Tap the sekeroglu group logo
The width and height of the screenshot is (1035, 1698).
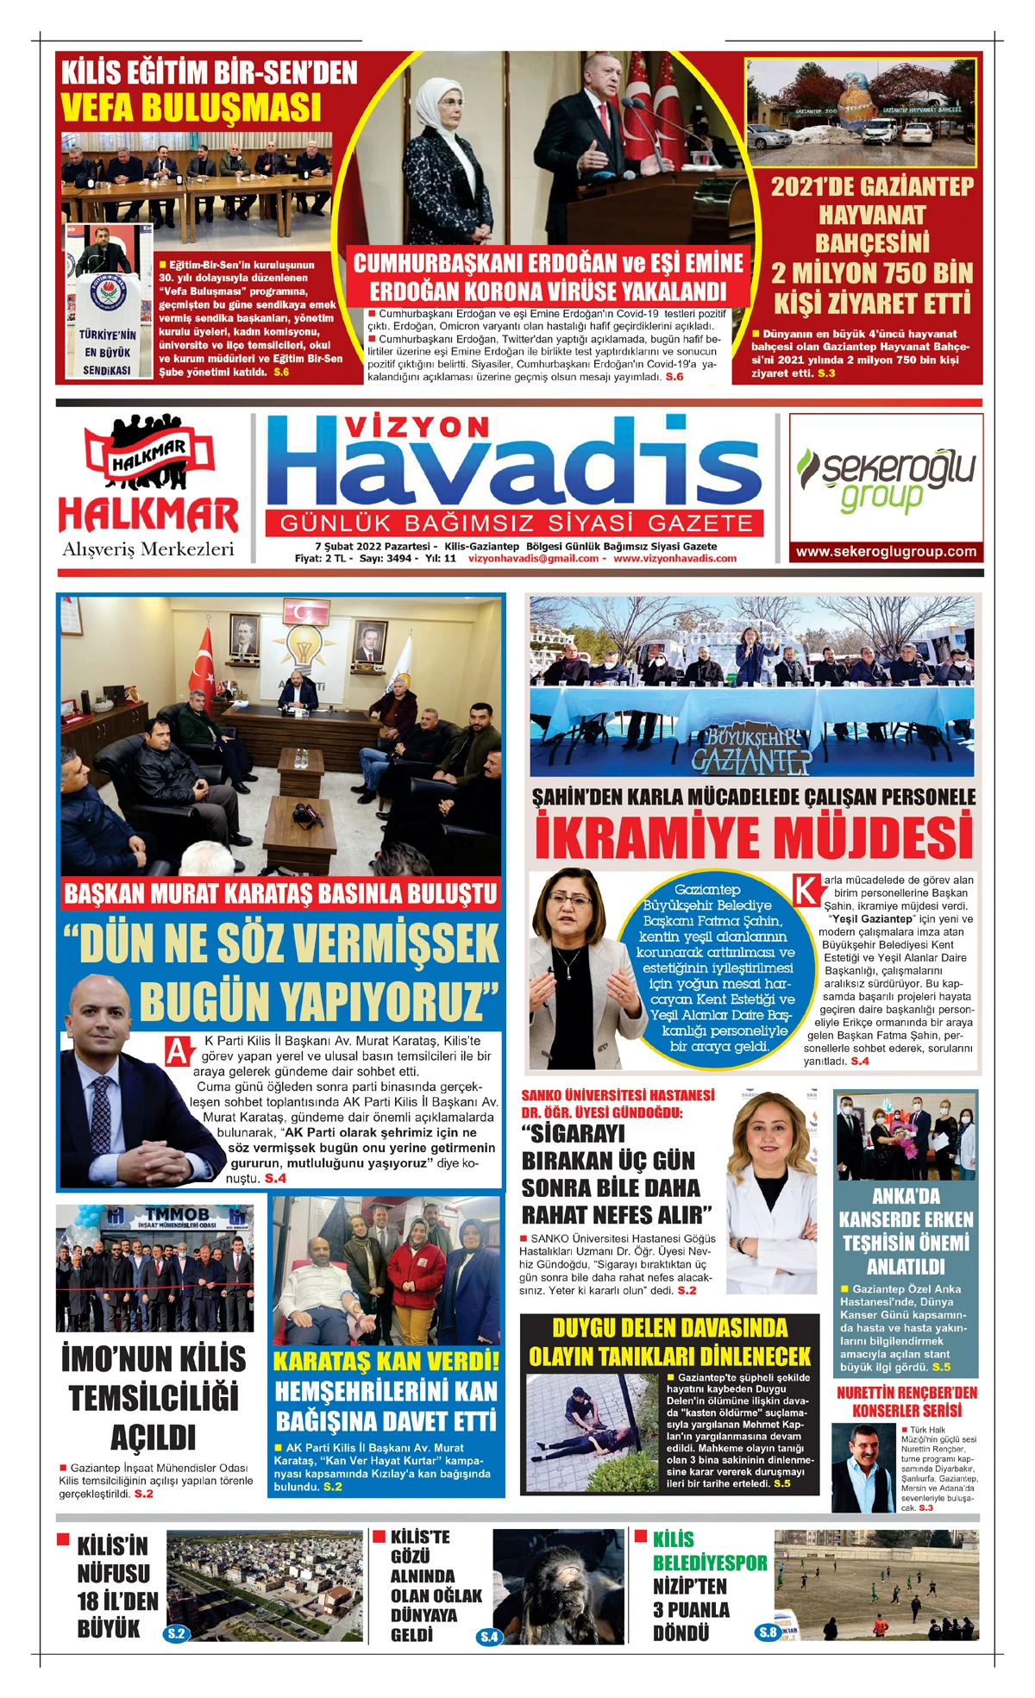pyautogui.click(x=886, y=479)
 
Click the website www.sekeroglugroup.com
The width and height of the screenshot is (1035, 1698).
pyautogui.click(x=886, y=552)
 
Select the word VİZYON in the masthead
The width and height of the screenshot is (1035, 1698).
pyautogui.click(x=417, y=427)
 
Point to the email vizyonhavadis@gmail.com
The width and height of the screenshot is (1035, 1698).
pyautogui.click(x=533, y=559)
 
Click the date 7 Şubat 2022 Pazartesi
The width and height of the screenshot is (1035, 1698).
pyautogui.click(x=373, y=546)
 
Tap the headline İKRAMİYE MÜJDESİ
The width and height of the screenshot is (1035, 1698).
pyautogui.click(x=753, y=836)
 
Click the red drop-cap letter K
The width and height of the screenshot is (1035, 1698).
pyautogui.click(x=806, y=890)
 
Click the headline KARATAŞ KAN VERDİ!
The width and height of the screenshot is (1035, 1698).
pyautogui.click(x=386, y=1361)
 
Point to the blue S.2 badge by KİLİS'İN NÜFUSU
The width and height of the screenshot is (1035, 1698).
pyautogui.click(x=176, y=1633)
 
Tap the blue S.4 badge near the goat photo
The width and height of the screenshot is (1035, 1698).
pyautogui.click(x=488, y=1636)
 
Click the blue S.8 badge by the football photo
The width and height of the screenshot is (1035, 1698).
pyautogui.click(x=767, y=1632)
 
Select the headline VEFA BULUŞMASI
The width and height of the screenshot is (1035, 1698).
pyautogui.click(x=191, y=108)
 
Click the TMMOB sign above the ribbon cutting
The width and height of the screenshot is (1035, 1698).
pyautogui.click(x=177, y=1214)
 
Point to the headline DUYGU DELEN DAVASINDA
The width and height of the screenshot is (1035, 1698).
pyautogui.click(x=669, y=1328)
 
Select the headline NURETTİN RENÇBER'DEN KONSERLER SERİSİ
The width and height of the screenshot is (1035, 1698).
pyautogui.click(x=906, y=1401)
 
